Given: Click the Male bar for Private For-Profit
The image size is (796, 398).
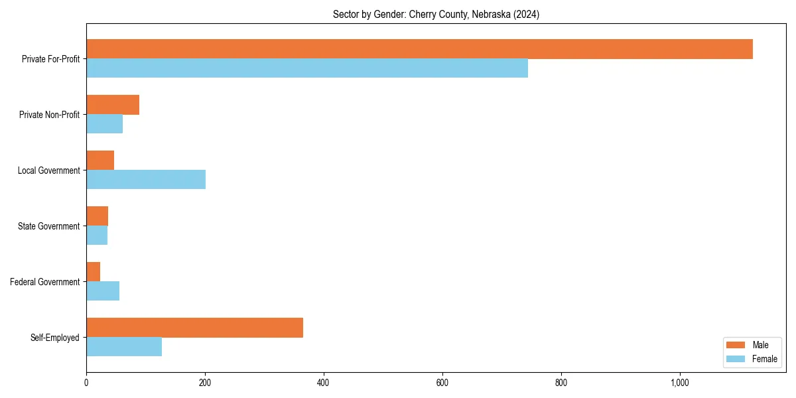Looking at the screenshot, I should [419, 49].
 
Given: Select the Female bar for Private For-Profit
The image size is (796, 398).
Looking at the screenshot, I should [307, 68].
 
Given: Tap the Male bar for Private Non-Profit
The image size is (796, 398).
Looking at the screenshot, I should [113, 105].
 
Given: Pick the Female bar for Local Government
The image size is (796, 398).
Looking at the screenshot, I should [146, 180].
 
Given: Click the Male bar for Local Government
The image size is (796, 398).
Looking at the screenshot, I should [100, 161].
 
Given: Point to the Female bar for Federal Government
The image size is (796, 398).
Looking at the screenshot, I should [103, 291].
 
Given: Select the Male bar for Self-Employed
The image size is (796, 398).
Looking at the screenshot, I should [194, 328].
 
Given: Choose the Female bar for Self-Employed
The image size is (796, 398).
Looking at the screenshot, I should [124, 347].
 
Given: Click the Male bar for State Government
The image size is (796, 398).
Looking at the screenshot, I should [97, 216].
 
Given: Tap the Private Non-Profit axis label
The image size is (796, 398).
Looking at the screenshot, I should [49, 115].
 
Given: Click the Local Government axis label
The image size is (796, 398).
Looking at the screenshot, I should [48, 170].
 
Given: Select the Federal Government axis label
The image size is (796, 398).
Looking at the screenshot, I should [44, 282].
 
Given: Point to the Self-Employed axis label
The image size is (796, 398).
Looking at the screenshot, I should [54, 338].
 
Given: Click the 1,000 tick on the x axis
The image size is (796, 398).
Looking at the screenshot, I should [680, 383].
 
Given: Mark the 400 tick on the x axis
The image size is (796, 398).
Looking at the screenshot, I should [324, 383].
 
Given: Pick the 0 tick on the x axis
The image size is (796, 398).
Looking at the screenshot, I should [86, 383].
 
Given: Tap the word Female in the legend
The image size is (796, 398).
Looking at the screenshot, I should [764, 359].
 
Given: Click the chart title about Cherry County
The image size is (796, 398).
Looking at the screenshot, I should [436, 15].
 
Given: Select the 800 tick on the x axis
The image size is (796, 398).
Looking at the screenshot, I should [561, 383].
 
